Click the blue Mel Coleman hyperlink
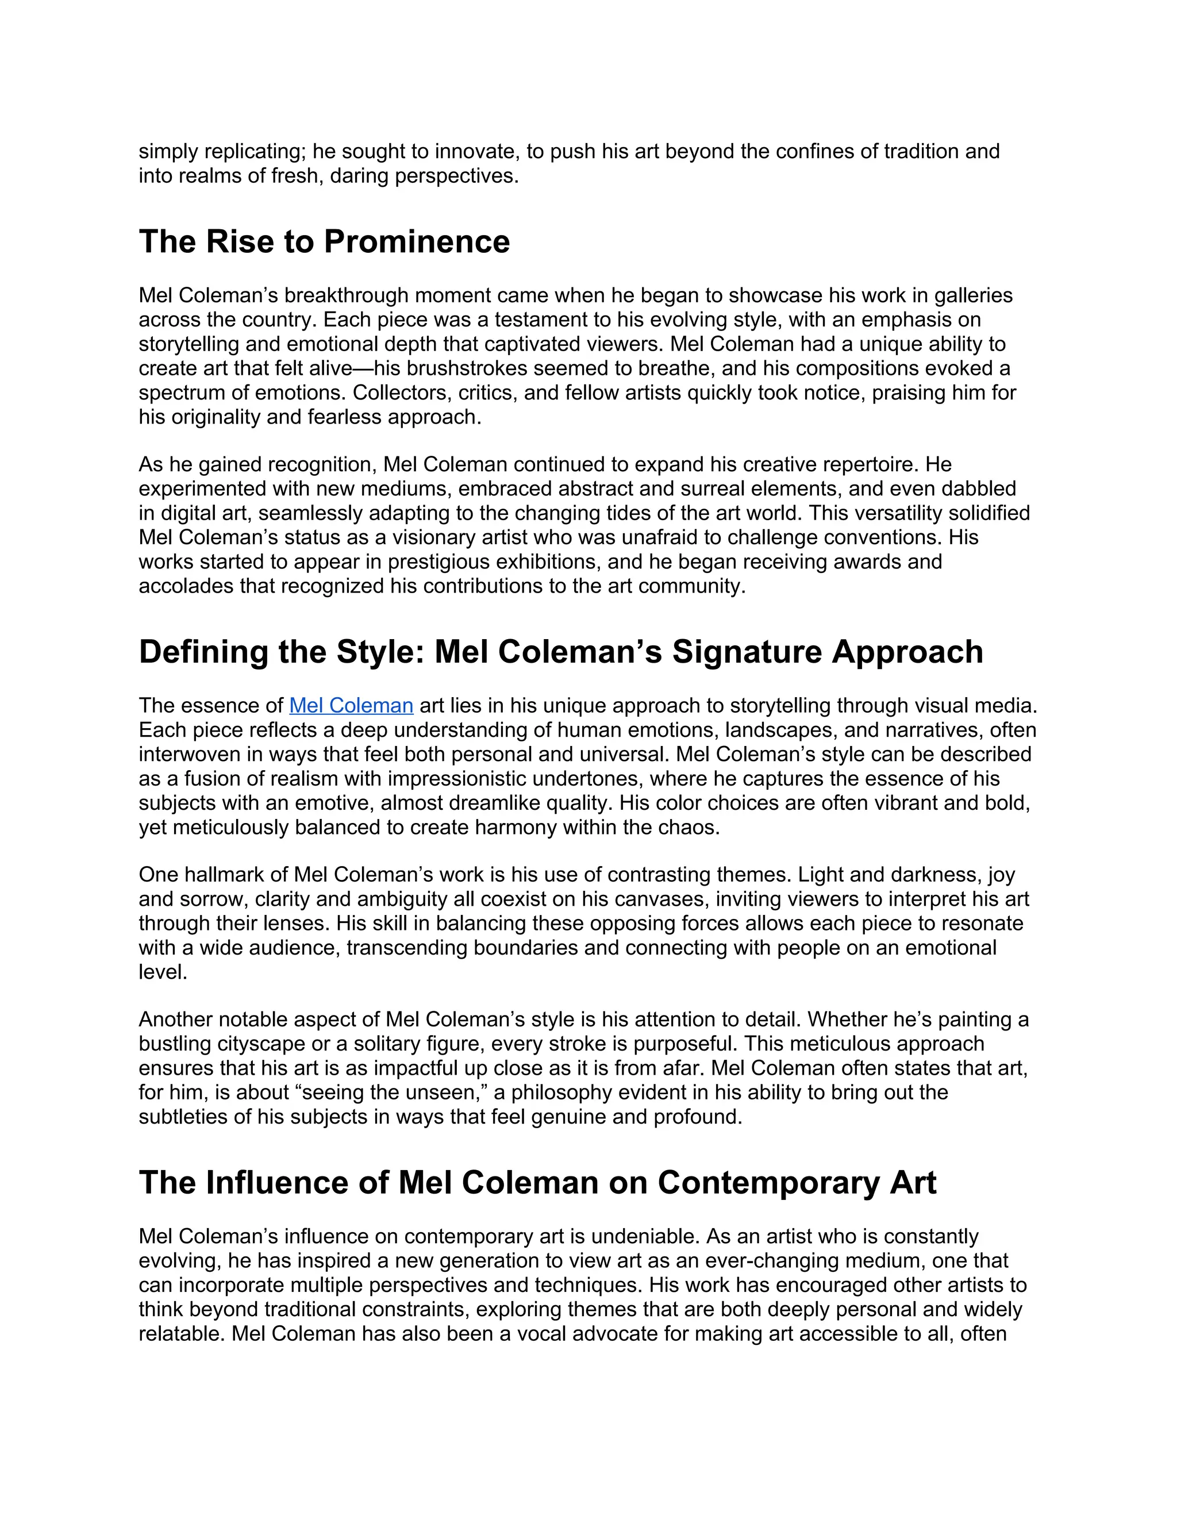(351, 706)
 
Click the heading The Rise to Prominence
(324, 242)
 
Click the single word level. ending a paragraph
(163, 972)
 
